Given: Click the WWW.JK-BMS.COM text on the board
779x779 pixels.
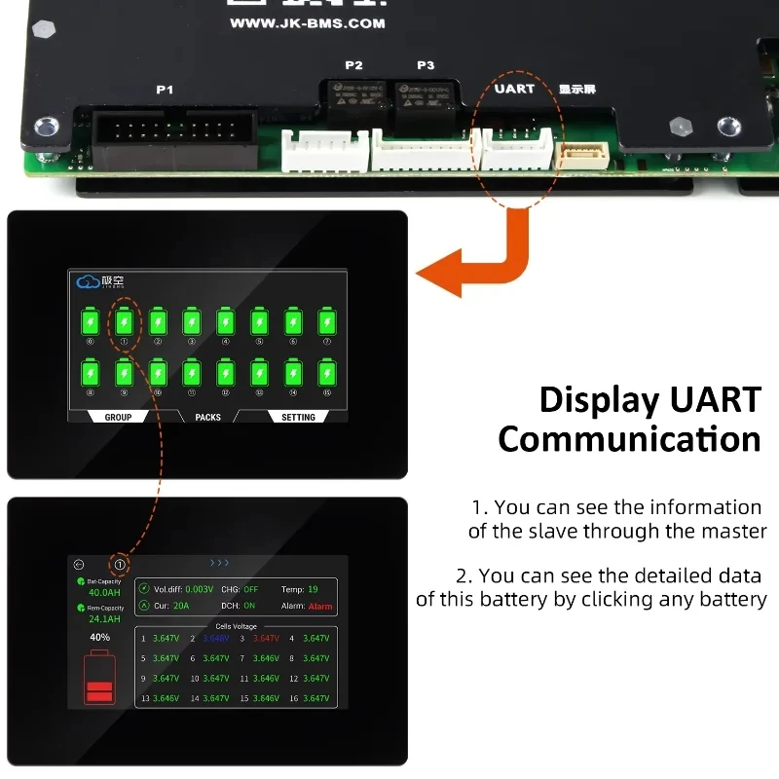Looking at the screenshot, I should [307, 22].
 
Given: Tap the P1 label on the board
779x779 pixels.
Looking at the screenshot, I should [165, 90].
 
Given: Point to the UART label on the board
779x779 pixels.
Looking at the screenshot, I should [514, 88].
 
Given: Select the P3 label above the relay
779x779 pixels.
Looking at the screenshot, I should [426, 65].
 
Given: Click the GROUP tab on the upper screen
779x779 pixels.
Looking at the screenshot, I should [118, 417].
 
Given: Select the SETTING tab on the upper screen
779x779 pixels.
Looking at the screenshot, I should [298, 417].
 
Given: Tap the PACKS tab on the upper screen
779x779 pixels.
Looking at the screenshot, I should [207, 417].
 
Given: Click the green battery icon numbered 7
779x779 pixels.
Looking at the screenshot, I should [327, 321].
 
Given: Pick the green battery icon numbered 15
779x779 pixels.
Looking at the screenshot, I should [327, 373].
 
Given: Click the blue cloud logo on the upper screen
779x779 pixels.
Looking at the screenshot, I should [88, 281].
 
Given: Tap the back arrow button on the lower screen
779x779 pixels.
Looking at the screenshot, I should [79, 564].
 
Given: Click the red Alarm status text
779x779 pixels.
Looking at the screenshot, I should [319, 606].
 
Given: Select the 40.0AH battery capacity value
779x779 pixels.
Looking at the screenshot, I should [104, 592].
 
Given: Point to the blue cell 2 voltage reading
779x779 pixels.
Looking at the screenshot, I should [216, 639].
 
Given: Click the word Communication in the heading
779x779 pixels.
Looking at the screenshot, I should [629, 439].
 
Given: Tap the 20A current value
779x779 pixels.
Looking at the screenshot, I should [182, 606].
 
